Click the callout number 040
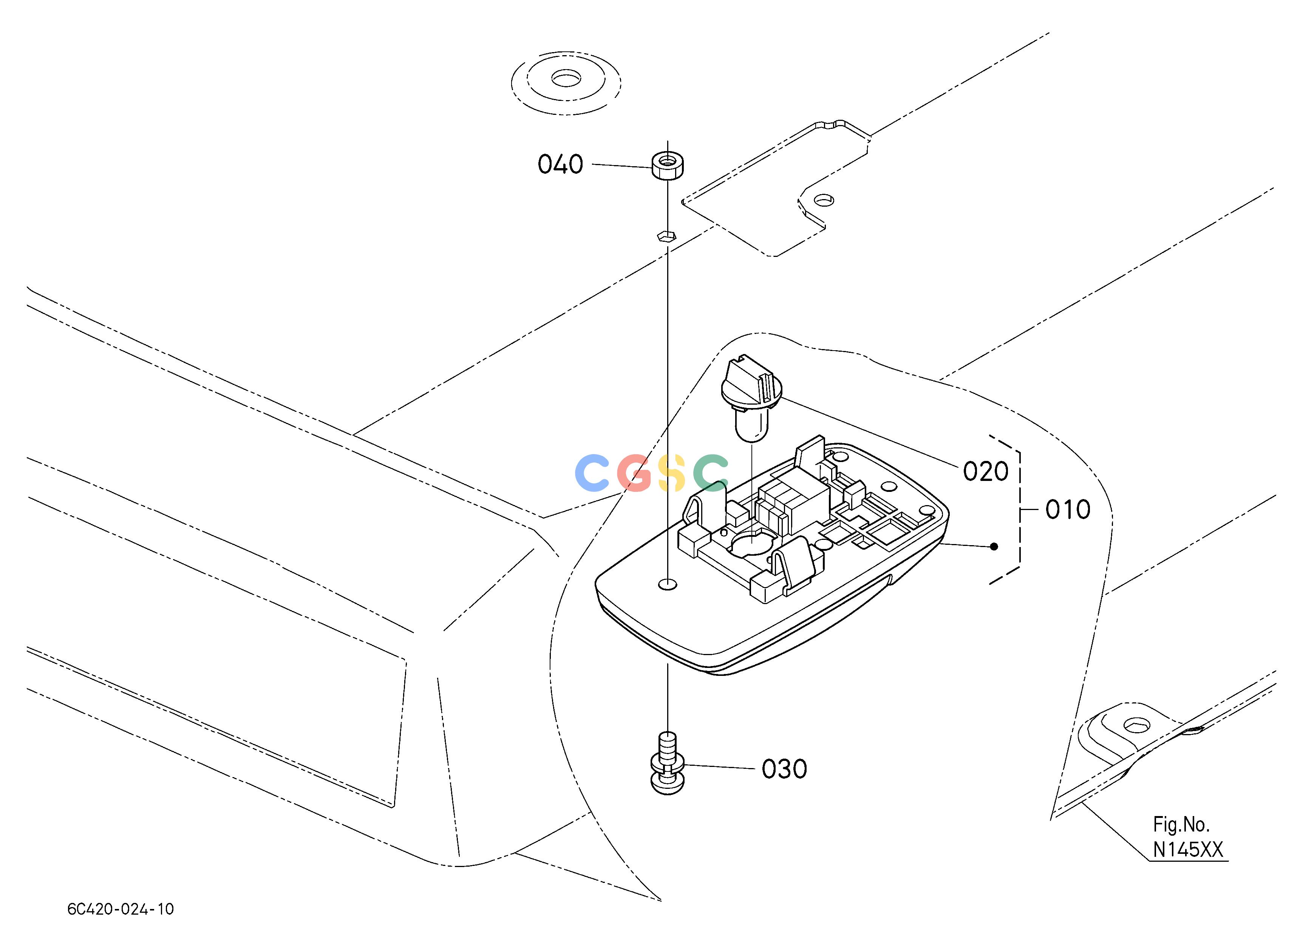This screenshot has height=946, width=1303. (x=560, y=164)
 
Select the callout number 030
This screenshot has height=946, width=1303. (x=784, y=769)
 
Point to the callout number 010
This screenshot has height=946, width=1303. (x=1068, y=510)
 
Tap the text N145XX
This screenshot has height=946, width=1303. (x=1188, y=850)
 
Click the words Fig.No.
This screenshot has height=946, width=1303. (x=1181, y=825)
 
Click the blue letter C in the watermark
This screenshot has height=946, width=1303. (x=592, y=473)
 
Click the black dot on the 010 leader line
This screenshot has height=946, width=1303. (x=994, y=547)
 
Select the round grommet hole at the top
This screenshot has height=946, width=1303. (x=566, y=78)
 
